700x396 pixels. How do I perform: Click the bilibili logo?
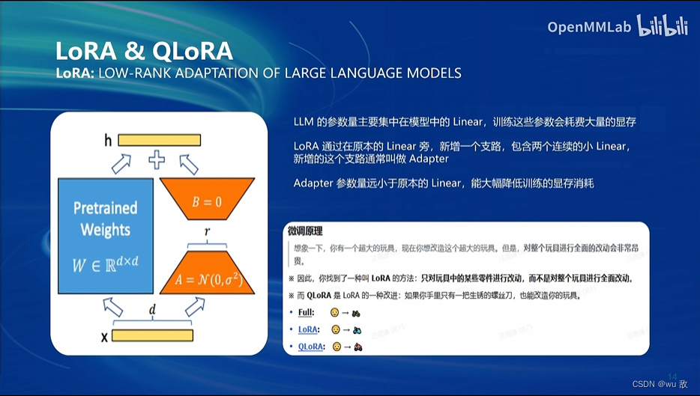[x=663, y=25]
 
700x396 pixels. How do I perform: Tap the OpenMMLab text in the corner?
[x=589, y=28]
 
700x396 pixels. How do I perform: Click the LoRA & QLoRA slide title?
[x=144, y=51]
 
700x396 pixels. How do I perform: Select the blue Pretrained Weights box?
[x=106, y=236]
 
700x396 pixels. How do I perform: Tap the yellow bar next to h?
[x=159, y=139]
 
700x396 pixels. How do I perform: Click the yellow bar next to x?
[x=152, y=335]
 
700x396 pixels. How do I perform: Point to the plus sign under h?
[x=156, y=159]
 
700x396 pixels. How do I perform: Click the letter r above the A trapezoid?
[x=207, y=233]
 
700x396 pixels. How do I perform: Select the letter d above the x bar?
[x=153, y=310]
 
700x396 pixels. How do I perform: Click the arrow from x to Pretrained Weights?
[x=113, y=307]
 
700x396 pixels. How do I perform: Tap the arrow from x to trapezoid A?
[x=195, y=306]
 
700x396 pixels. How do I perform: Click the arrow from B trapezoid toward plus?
[x=189, y=163]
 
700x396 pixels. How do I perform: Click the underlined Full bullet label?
[x=306, y=312]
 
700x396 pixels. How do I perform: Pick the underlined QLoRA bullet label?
[x=310, y=347]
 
